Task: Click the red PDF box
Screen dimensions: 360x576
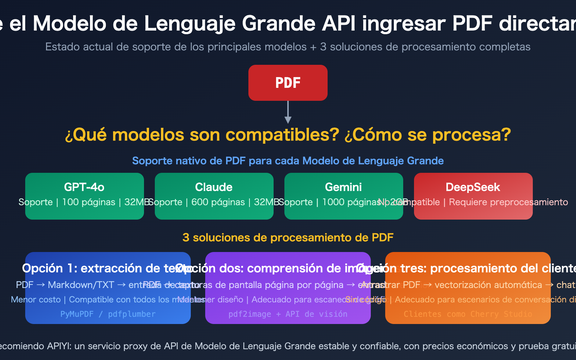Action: click(288, 83)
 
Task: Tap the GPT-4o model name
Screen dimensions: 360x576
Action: click(84, 187)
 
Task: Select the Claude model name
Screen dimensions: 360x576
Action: click(214, 187)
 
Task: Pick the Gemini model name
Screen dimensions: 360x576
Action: click(343, 187)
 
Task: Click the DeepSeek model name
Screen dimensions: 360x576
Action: click(473, 187)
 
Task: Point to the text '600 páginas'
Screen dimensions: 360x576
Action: click(218, 202)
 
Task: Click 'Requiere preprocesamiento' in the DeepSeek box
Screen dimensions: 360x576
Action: click(508, 202)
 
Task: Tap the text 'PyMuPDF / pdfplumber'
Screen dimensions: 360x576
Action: click(108, 314)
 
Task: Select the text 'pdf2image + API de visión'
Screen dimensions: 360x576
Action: click(288, 314)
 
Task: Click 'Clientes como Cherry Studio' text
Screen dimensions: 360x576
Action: click(468, 314)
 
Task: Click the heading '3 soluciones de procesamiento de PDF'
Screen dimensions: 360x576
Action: click(288, 238)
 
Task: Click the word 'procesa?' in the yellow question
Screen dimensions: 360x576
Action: click(471, 135)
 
